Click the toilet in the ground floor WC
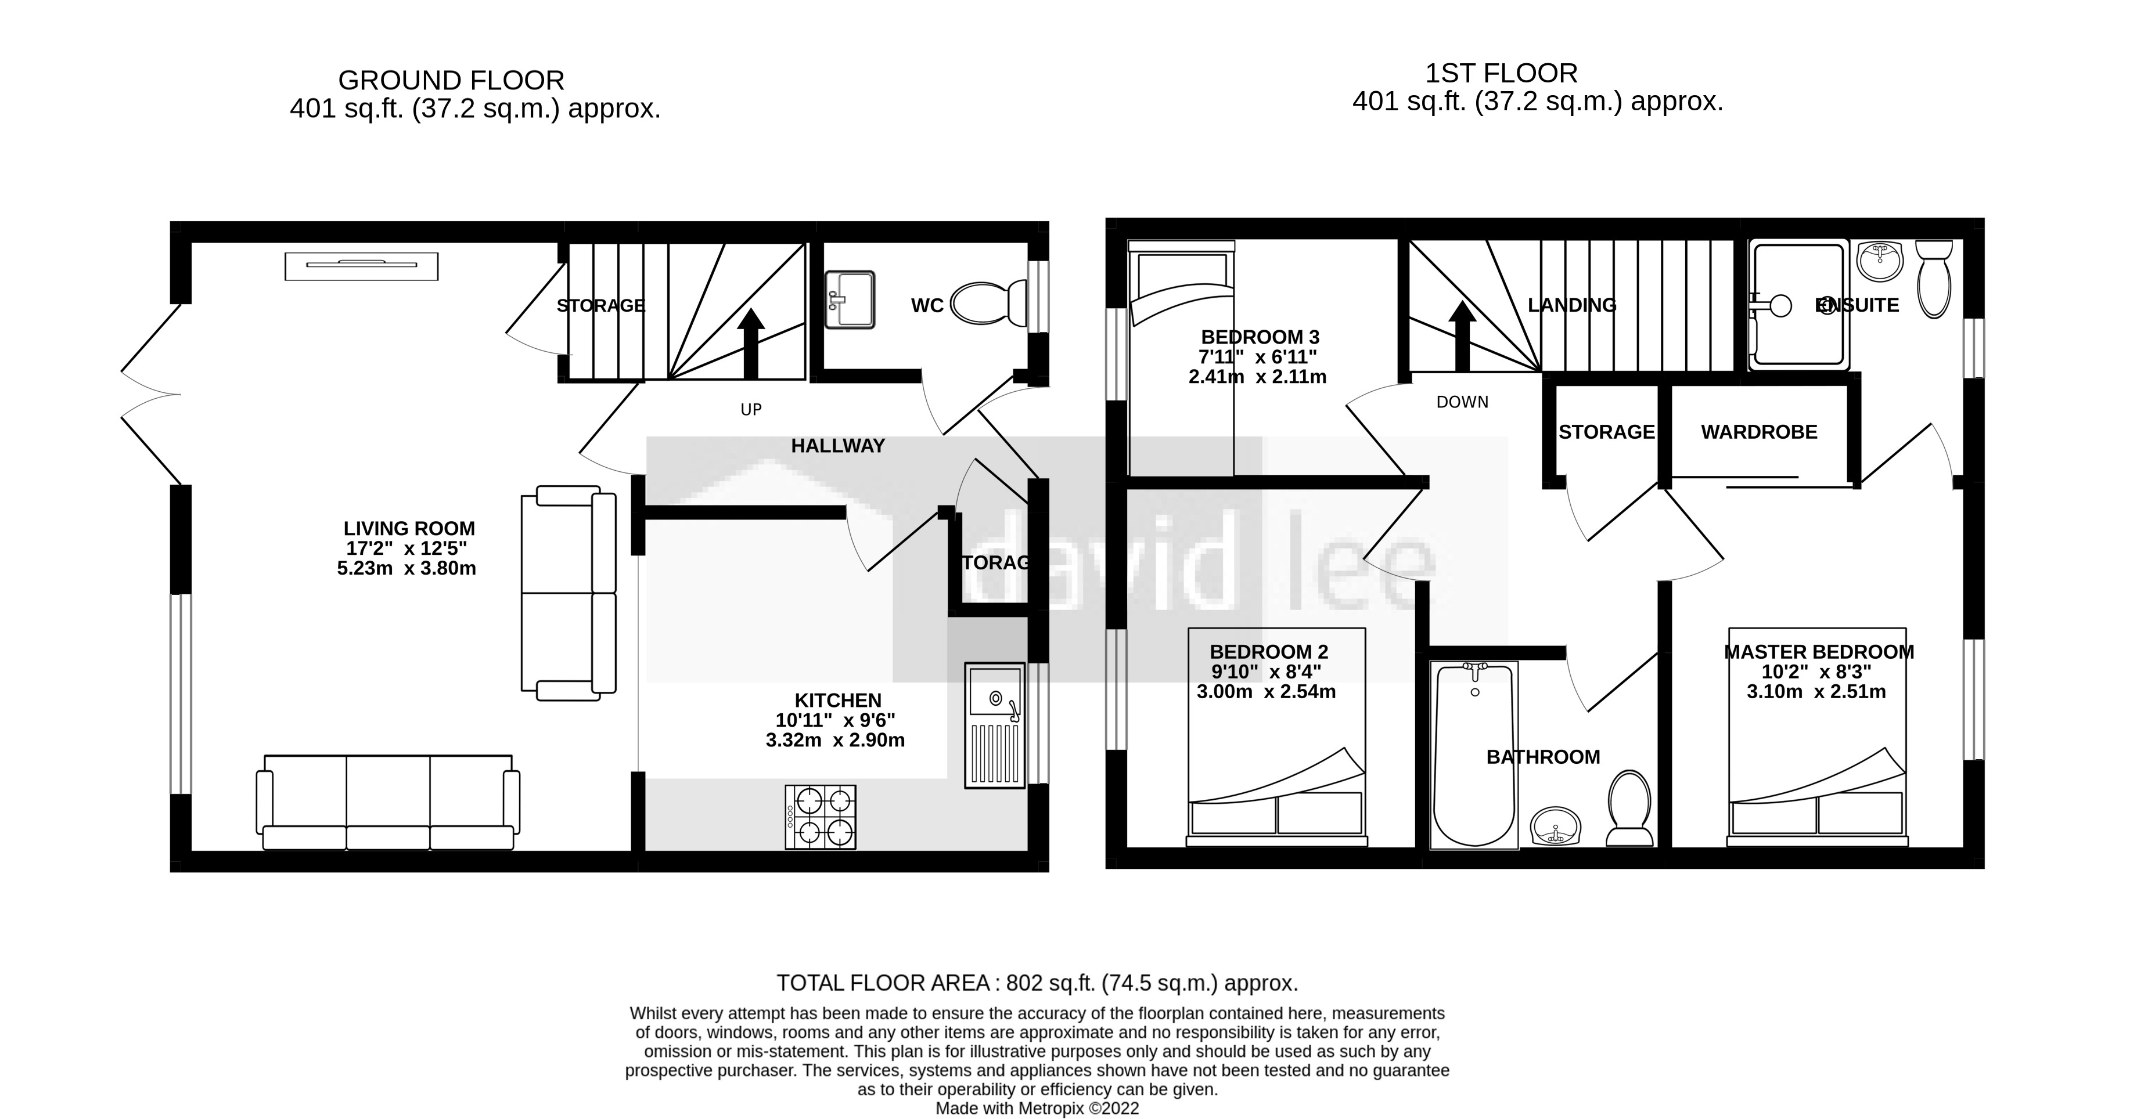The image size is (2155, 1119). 987,303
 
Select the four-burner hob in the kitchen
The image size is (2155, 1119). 821,817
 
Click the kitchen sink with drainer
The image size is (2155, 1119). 995,725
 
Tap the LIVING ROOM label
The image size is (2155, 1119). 409,529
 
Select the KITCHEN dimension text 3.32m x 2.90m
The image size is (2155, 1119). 835,740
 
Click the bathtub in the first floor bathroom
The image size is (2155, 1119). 1474,755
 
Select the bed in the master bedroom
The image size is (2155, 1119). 1817,753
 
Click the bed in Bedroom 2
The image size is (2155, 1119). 1276,753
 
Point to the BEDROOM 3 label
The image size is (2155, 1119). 1260,337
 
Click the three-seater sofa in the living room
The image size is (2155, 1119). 387,803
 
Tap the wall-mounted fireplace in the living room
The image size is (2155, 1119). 361,266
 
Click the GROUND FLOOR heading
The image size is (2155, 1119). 451,80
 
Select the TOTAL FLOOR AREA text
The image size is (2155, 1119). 1037,983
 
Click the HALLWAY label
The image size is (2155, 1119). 837,446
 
